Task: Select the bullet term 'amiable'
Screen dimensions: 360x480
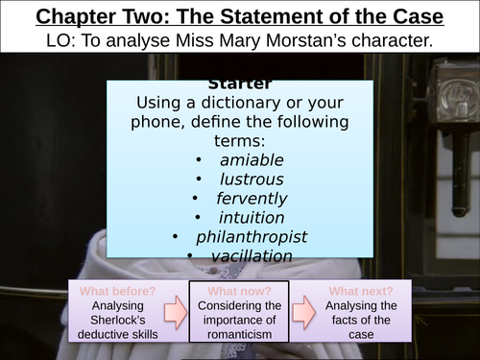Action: [249, 159]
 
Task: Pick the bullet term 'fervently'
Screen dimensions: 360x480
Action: [252, 198]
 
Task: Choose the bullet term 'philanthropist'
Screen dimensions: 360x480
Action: [252, 236]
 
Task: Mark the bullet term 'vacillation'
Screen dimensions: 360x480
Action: [252, 255]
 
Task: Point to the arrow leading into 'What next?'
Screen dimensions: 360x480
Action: [300, 310]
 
